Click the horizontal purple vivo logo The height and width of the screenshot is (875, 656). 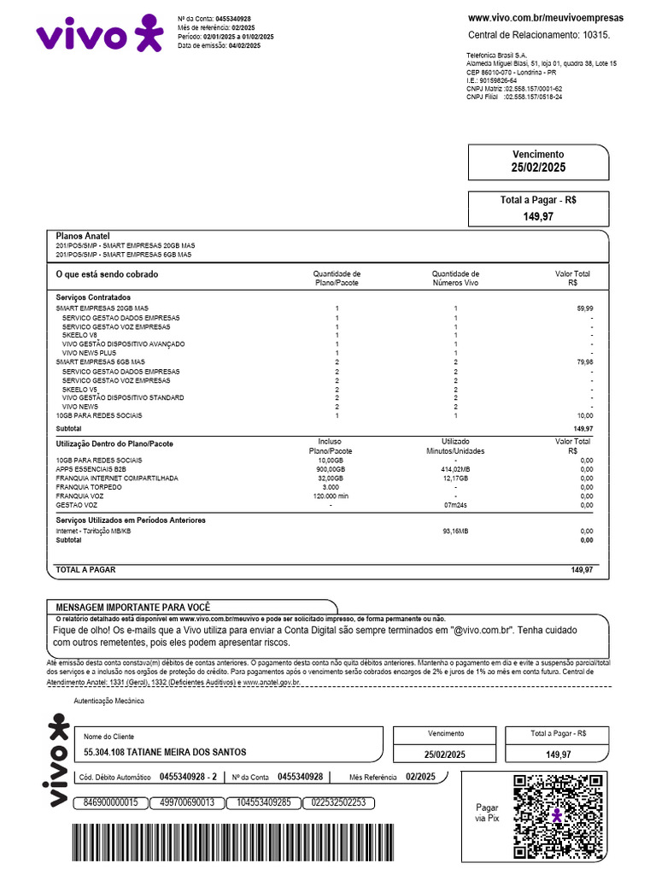tap(98, 34)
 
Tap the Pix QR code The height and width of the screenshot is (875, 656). tap(557, 815)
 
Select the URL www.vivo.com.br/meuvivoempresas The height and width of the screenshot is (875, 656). tap(546, 18)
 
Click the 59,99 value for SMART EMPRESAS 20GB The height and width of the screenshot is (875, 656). tap(584, 308)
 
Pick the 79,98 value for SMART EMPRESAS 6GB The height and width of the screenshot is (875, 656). tap(584, 361)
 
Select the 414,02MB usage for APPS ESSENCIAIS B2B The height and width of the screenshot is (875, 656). tap(455, 469)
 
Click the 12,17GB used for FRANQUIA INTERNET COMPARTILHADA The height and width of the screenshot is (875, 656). tap(455, 479)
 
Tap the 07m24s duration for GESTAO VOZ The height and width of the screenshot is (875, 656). tap(455, 505)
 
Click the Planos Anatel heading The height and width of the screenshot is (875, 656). tap(83, 236)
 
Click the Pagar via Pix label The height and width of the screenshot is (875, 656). tap(487, 813)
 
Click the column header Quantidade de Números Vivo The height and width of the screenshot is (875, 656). tap(455, 278)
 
